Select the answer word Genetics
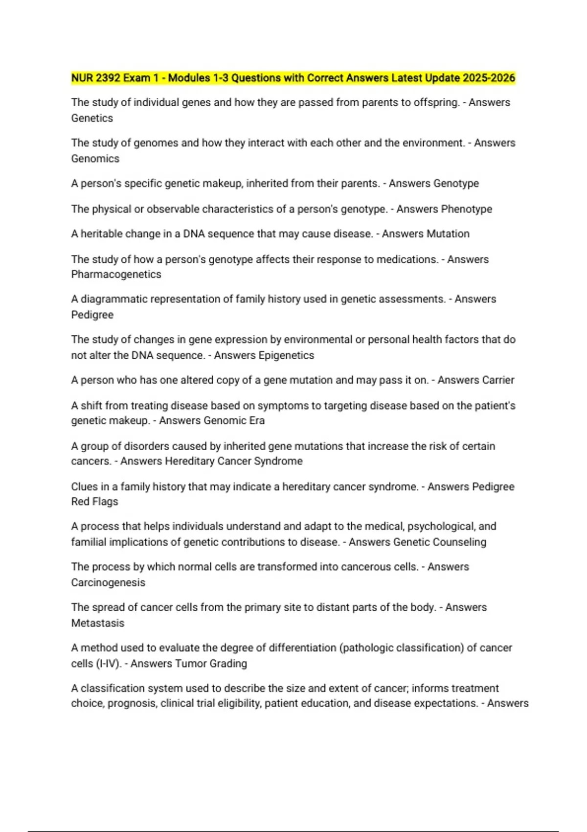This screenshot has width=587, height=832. pyautogui.click(x=92, y=118)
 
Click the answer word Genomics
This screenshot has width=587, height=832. pyautogui.click(x=95, y=159)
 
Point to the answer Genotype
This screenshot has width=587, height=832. pyautogui.click(x=456, y=184)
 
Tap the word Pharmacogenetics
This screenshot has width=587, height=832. pyautogui.click(x=116, y=274)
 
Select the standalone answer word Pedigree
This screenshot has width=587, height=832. pyautogui.click(x=92, y=315)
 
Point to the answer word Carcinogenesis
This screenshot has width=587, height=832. pyautogui.click(x=108, y=582)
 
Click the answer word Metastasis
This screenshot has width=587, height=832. pyautogui.click(x=98, y=623)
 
